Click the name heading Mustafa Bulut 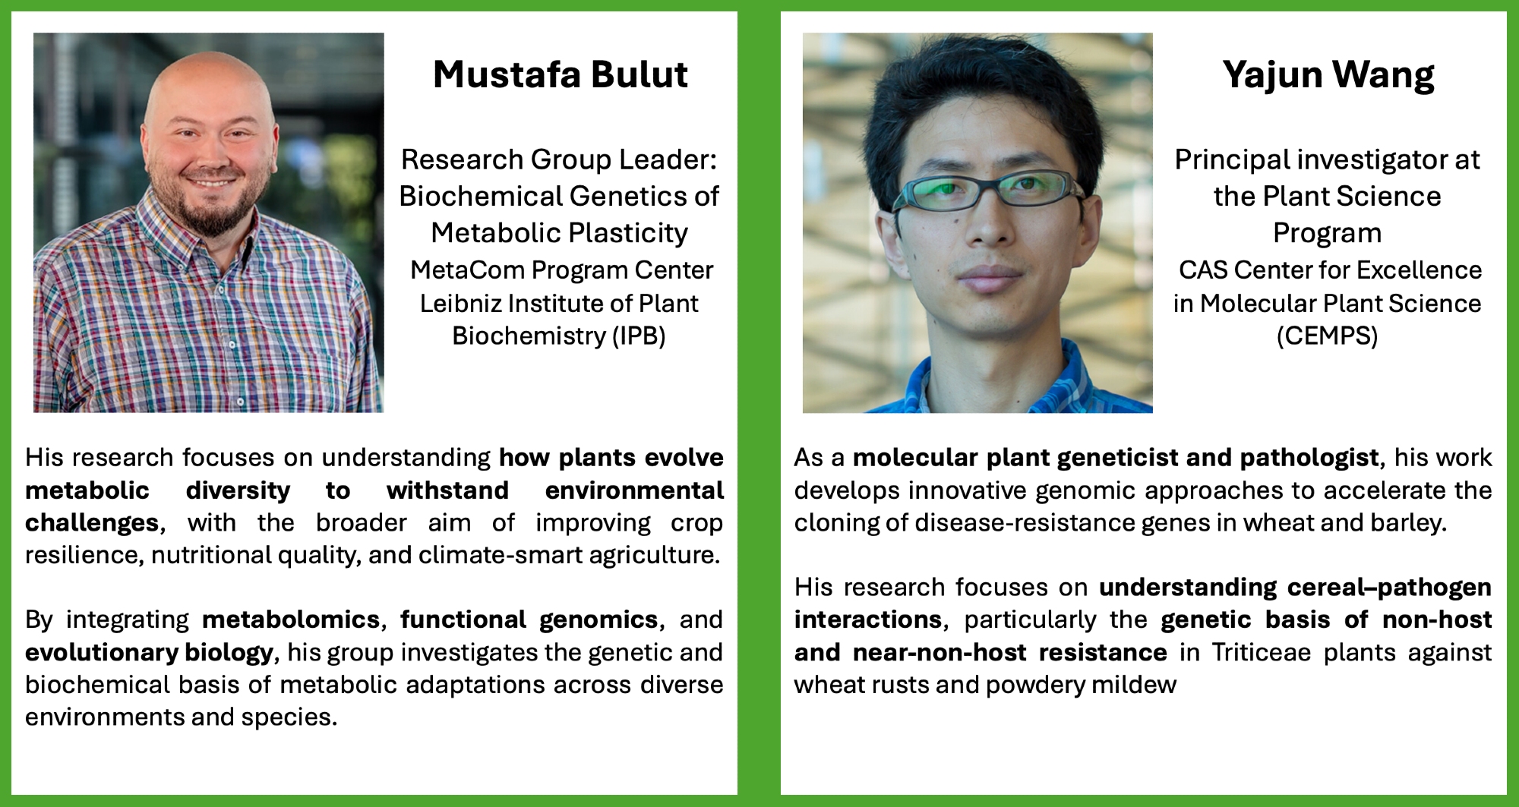pos(561,74)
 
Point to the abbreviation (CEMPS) pos(1327,336)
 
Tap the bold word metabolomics pos(291,619)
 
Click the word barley pos(1409,522)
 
